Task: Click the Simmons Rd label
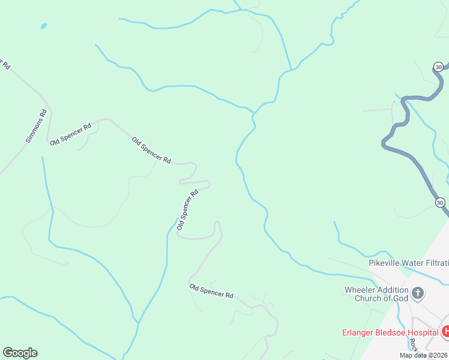tap(36, 126)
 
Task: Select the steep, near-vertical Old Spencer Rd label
tap(187, 210)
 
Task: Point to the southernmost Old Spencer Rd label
tap(211, 291)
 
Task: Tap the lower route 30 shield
tap(440, 203)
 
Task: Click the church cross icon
tap(418, 294)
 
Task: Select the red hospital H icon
tap(445, 331)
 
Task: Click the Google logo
tap(20, 353)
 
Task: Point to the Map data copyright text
tap(424, 355)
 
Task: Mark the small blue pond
tap(43, 26)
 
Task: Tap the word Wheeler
tap(358, 290)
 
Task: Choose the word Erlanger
tap(358, 332)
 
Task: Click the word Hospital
tap(424, 332)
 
